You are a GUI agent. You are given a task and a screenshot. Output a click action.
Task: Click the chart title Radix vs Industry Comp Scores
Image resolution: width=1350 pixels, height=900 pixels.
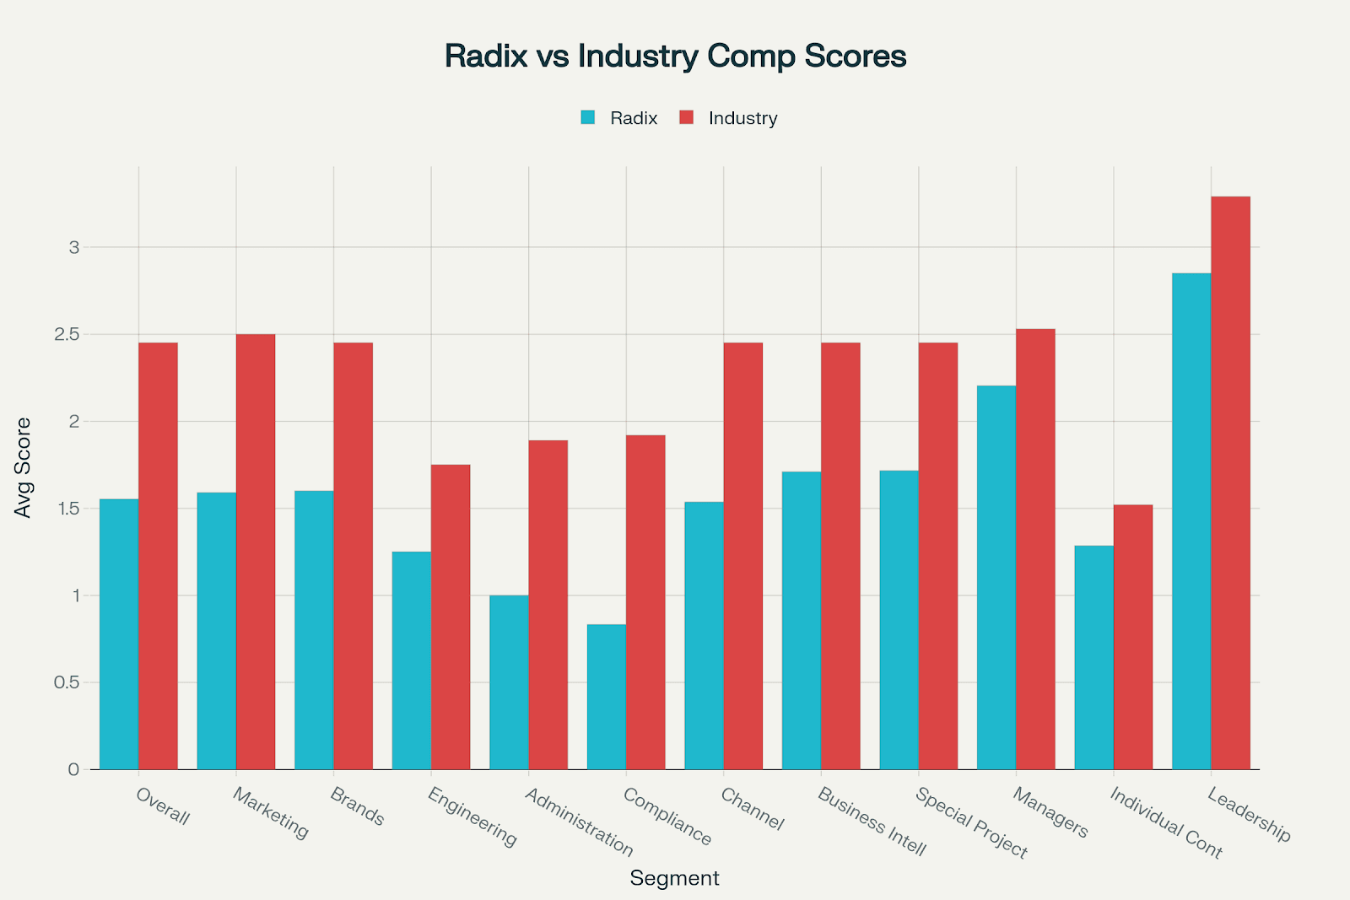[x=675, y=57]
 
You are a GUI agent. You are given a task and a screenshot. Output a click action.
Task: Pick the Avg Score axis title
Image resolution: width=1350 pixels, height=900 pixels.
[x=23, y=467]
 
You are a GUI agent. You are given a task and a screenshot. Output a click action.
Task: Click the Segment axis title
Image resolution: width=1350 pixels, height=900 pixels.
[x=674, y=878]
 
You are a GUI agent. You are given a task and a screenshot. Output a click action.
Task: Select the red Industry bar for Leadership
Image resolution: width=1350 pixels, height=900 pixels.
[x=1230, y=482]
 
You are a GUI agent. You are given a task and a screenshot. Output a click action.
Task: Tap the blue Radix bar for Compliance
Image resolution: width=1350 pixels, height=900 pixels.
[x=607, y=697]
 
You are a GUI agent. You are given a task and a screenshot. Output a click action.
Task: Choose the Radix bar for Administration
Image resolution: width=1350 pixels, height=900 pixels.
[x=509, y=682]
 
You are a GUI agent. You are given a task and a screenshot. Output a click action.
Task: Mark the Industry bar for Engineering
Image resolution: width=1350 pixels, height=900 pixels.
[x=451, y=617]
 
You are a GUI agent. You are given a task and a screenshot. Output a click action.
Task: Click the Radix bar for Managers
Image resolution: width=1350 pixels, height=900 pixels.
[x=996, y=577]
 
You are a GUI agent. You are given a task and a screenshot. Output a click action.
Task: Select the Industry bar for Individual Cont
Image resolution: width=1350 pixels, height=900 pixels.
[x=1133, y=637]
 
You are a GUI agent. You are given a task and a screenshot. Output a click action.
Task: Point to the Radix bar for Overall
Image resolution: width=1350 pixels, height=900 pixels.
[x=119, y=633]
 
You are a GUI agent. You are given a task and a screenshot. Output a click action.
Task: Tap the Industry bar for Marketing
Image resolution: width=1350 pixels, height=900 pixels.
[x=256, y=552]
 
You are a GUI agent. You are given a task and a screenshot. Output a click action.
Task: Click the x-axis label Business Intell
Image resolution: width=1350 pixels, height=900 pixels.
[x=872, y=822]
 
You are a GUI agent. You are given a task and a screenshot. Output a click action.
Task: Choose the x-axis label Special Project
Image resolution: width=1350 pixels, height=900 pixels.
[x=972, y=822]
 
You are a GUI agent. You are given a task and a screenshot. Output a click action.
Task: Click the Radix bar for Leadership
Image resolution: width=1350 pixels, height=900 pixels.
[x=1191, y=521]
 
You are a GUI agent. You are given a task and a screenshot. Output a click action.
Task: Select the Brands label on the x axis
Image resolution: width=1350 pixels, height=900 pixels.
[x=358, y=806]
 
